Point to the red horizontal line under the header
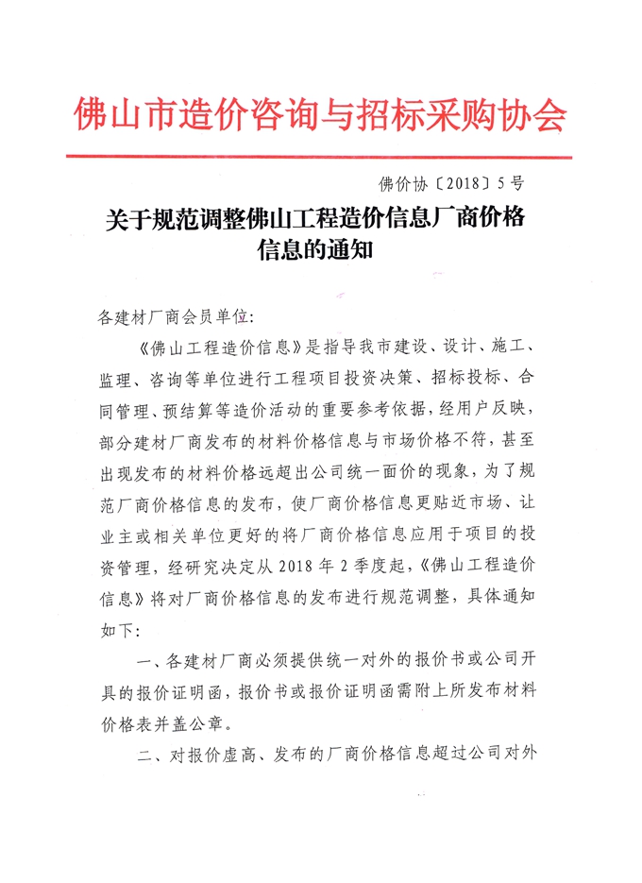pos(321,156)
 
